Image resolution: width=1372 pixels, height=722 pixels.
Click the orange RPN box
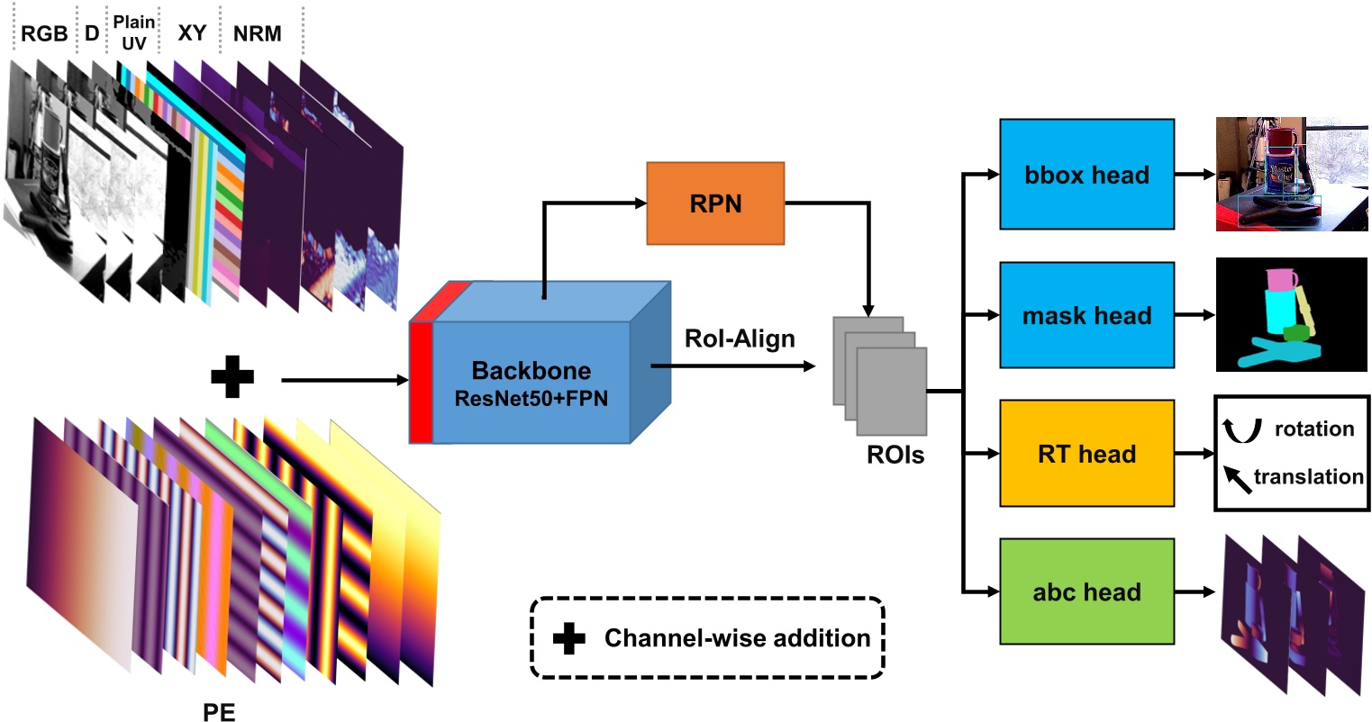715,203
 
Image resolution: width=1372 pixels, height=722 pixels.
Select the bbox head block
1086,175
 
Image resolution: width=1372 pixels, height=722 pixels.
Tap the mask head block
1086,315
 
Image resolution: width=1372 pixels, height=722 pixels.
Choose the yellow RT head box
1086,454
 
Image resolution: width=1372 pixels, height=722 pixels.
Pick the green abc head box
1086,591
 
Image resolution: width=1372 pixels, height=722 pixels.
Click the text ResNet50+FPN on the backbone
531,398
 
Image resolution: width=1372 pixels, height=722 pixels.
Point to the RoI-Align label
740,338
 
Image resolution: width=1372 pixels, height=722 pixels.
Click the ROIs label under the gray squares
895,455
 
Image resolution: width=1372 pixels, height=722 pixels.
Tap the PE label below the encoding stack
219,712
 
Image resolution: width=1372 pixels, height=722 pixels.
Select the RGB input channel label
44,34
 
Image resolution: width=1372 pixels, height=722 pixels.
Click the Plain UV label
134,32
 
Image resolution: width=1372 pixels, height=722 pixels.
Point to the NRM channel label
257,34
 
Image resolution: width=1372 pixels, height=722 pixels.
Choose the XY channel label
192,33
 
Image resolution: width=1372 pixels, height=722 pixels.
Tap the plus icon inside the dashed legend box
568,638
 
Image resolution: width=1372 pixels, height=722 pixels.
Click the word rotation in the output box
1313,429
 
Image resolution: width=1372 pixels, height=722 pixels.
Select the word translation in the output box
1308,477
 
